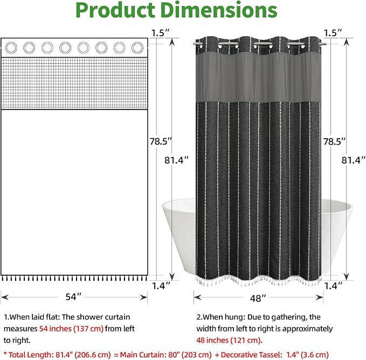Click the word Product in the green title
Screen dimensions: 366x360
pos(115,10)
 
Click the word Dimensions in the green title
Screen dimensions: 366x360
pos(219,10)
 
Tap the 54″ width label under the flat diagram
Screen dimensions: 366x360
pos(73,297)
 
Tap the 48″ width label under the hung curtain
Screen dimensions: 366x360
pos(258,298)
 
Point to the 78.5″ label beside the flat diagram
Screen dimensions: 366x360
pos(161,141)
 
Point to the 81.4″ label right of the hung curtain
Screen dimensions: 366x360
pos(353,160)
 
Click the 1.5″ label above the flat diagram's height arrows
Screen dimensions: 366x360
pos(160,33)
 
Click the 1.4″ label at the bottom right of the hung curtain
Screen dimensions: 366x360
pos(333,286)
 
